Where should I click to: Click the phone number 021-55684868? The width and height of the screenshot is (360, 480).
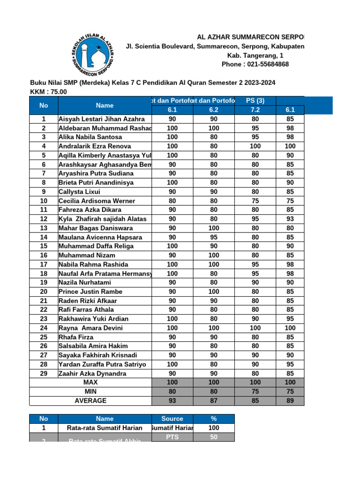(x=255, y=64)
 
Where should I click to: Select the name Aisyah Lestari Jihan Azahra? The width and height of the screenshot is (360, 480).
(x=101, y=119)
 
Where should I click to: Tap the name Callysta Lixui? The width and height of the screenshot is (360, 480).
(x=79, y=192)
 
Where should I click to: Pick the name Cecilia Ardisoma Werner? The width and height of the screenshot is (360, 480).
(x=97, y=201)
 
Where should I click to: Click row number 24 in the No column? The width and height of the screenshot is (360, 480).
(x=43, y=328)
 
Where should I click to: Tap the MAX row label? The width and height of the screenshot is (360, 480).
(x=90, y=382)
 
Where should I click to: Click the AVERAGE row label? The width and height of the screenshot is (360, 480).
(x=90, y=401)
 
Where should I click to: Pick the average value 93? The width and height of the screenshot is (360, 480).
(x=172, y=401)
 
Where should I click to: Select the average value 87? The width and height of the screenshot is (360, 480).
(x=214, y=401)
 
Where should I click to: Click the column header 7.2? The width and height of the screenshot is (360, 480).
(x=255, y=110)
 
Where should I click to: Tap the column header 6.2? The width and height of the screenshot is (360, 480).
(x=214, y=110)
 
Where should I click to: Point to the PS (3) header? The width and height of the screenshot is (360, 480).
(x=255, y=101)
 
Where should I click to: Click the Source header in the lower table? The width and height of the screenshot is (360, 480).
(x=172, y=419)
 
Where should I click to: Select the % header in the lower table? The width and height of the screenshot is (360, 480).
(x=214, y=419)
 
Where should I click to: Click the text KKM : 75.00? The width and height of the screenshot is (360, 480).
(x=48, y=92)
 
